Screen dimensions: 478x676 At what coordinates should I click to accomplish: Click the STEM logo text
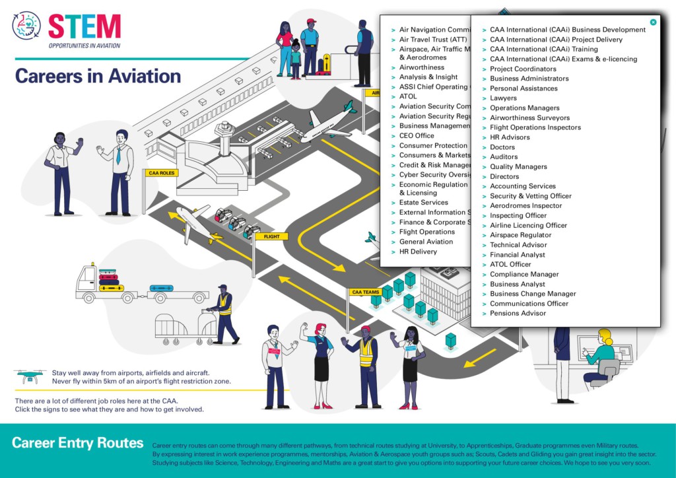pos(84,26)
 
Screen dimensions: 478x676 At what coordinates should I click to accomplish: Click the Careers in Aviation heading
pos(98,76)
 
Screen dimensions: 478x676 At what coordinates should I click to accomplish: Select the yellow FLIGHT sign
pos(271,236)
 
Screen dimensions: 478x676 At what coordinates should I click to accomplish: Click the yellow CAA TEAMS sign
pos(365,292)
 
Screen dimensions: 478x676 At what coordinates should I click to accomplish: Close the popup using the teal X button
pos(653,22)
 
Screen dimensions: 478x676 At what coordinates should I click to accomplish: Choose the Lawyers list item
pos(503,98)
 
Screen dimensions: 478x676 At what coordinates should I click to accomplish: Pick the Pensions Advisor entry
pos(518,314)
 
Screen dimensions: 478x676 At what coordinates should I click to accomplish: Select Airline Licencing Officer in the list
pos(528,225)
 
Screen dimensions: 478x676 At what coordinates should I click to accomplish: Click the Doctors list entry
pos(502,147)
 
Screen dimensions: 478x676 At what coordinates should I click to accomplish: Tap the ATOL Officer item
pos(510,265)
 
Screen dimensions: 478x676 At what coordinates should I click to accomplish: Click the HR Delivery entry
pos(418,252)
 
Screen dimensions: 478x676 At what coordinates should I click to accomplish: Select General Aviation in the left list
pos(426,242)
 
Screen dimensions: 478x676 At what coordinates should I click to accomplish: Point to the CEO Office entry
pos(417,136)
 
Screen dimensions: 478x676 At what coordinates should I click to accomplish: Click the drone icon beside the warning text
pos(30,376)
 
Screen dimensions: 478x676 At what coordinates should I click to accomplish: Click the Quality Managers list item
pos(518,167)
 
